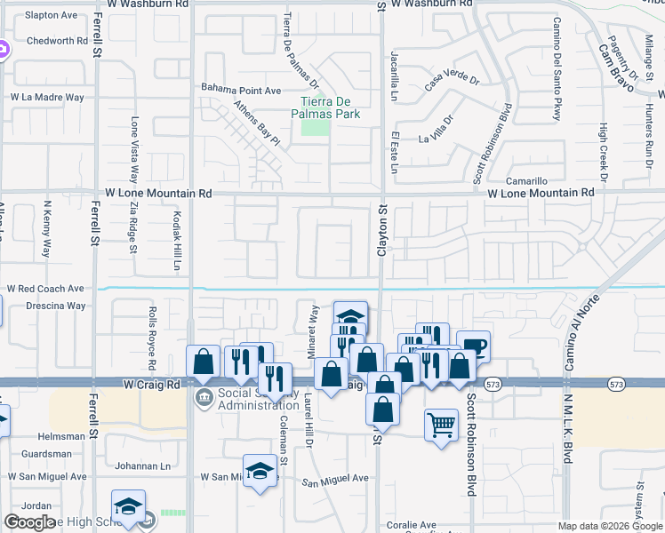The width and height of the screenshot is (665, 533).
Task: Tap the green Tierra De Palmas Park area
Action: (x=314, y=127)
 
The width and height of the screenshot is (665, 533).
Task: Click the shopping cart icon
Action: (x=441, y=424)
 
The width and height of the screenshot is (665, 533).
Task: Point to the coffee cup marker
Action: (x=474, y=346)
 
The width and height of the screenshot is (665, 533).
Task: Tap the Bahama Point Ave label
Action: (x=240, y=90)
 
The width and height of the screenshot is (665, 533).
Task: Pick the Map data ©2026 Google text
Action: (x=609, y=525)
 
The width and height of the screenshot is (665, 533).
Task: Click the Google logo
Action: (x=30, y=522)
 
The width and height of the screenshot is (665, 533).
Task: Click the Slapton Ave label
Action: (x=51, y=15)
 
